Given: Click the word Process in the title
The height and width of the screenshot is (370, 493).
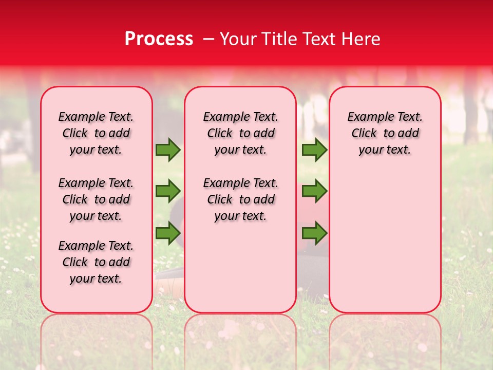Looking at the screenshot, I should [x=159, y=39].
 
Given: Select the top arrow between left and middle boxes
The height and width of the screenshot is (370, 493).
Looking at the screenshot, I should [x=168, y=150].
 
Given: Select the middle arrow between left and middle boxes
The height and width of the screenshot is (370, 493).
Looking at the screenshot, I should [x=168, y=191].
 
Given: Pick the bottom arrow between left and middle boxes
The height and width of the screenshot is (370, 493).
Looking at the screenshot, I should [x=168, y=233].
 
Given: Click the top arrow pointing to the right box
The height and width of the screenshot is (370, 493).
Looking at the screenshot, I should [x=314, y=150].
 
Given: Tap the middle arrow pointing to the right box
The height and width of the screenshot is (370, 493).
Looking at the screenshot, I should [x=314, y=191].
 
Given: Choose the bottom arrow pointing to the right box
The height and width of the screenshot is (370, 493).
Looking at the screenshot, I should [x=314, y=233].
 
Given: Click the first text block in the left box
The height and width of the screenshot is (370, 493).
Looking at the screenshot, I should [x=96, y=133].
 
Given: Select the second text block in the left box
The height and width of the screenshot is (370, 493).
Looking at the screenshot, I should [x=96, y=199].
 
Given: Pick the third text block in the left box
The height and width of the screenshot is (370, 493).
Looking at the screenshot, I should [x=96, y=262].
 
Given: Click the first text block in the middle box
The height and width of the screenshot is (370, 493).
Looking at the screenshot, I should [x=240, y=133].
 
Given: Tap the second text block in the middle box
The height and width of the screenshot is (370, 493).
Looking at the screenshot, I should [x=240, y=199].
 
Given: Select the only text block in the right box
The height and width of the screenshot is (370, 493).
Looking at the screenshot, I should [x=385, y=133].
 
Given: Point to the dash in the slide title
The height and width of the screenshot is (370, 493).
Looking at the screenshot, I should [x=208, y=39].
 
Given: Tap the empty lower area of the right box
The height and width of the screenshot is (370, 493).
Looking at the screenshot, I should [x=385, y=242].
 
